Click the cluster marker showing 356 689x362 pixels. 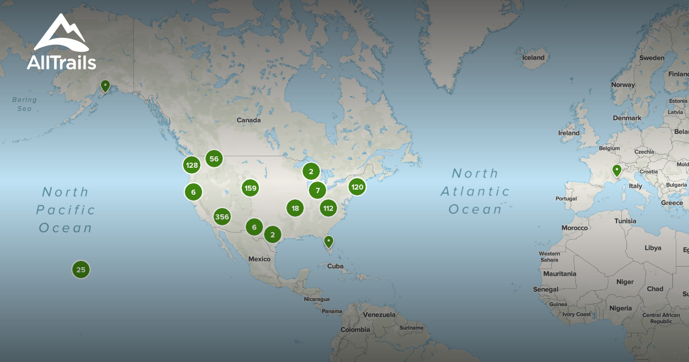click(222, 217)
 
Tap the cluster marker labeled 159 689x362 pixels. click(250, 188)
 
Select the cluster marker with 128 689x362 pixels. click(192, 165)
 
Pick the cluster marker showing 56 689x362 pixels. click(214, 159)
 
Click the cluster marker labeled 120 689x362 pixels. click(357, 187)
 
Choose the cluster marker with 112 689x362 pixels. click(328, 208)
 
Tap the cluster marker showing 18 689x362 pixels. click(295, 208)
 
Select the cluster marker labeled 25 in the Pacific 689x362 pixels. click(81, 269)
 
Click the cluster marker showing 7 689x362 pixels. click(318, 190)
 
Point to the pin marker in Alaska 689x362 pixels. click(105, 86)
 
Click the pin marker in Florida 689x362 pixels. click(328, 241)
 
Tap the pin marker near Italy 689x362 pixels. click(617, 170)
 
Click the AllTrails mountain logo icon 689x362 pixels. click(60, 34)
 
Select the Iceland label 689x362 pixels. click(533, 57)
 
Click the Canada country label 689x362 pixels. click(249, 120)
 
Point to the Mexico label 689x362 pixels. click(259, 259)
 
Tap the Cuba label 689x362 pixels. click(335, 266)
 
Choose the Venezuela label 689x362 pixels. click(380, 315)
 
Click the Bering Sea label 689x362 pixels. click(24, 104)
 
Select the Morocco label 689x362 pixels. click(575, 228)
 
